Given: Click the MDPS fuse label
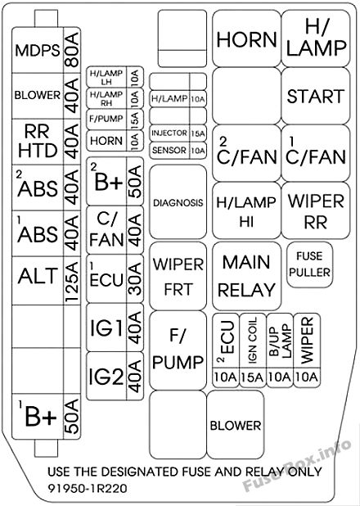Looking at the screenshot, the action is click(38, 51).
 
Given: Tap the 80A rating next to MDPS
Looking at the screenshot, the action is click(72, 49).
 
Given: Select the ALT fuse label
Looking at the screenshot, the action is click(38, 276).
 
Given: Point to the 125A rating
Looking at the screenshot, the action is click(72, 282).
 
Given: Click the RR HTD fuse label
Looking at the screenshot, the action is click(38, 141).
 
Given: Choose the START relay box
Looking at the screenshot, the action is click(316, 96).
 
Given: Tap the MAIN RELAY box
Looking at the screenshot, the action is click(246, 276).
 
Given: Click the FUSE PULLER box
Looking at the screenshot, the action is click(309, 264).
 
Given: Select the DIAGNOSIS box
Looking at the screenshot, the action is click(178, 202).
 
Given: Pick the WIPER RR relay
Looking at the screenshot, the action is click(316, 210).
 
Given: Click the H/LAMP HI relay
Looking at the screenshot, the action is click(246, 210).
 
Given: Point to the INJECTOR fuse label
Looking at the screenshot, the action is click(169, 133).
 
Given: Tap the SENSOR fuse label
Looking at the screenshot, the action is click(169, 151).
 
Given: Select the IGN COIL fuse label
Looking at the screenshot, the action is click(253, 340).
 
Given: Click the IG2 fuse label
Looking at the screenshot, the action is click(106, 377).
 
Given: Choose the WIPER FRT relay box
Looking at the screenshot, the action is click(178, 276).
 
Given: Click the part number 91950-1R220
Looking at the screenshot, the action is click(88, 488).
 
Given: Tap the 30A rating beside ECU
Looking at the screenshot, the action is click(135, 278).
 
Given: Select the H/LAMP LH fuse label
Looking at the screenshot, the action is click(106, 78).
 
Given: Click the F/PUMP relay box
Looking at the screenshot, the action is click(178, 350).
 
